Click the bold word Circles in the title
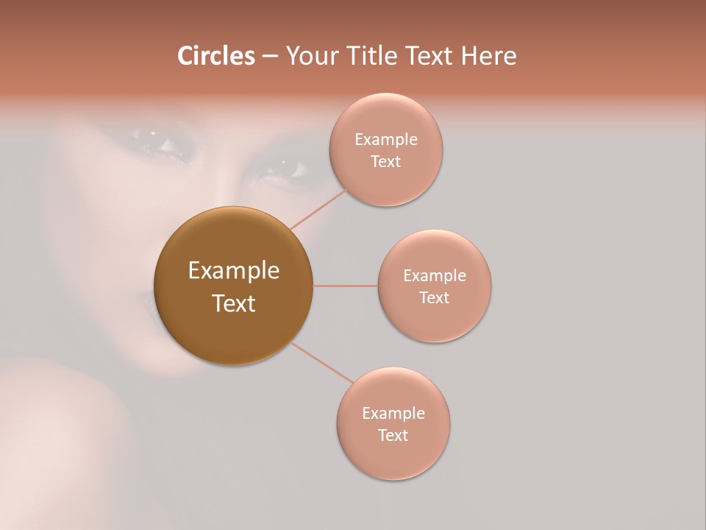click(x=215, y=56)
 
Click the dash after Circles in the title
click(x=269, y=57)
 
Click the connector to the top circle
click(x=320, y=209)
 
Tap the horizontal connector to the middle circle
click(x=345, y=286)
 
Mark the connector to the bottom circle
click(x=321, y=363)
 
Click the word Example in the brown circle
click(x=234, y=271)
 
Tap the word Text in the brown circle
click(x=234, y=303)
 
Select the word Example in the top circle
click(x=386, y=140)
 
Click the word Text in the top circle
click(x=386, y=162)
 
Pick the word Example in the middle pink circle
click(x=435, y=276)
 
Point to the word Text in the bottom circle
click(x=393, y=436)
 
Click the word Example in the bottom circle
click(x=393, y=414)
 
